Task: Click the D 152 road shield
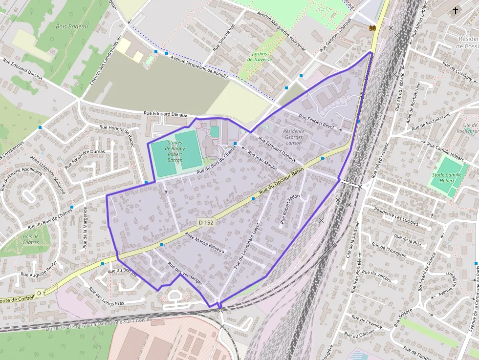click(206, 222)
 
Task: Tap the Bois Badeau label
click(72, 26)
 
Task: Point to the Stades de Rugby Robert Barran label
click(175, 151)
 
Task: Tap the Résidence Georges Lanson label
click(294, 137)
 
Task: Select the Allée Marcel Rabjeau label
click(204, 242)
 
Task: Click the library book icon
click(372, 29)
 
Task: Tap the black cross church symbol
click(456, 10)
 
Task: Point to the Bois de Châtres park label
click(31, 239)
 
